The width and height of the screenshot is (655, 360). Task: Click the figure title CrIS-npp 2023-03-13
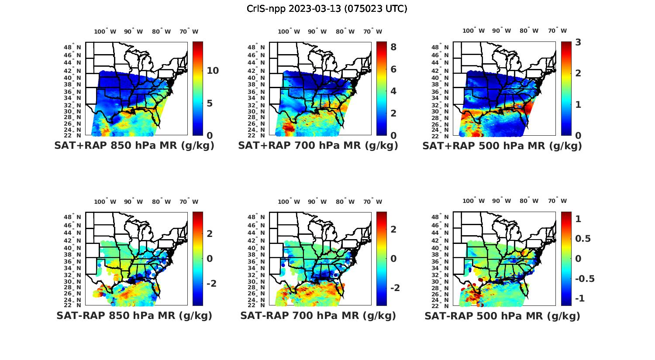coord(327,9)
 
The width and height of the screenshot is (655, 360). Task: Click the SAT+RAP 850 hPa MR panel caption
coord(134,146)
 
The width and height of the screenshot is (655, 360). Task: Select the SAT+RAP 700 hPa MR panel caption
coord(318,146)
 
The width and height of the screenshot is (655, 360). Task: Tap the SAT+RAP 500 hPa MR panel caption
coord(502,146)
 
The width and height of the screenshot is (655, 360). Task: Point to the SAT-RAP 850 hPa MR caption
coord(134,315)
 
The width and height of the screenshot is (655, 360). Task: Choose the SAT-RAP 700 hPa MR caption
coord(318,315)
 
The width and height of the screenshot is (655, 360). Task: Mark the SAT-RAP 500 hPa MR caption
coord(502,316)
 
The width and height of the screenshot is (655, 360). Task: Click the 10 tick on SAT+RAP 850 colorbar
coord(213,71)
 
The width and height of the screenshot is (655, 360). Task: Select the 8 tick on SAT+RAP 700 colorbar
coord(393,47)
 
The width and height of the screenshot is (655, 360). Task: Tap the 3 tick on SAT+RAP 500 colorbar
coord(578,42)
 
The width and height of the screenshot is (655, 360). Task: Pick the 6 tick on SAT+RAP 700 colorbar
coord(393,69)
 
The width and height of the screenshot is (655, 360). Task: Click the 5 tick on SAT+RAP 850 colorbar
coord(210,103)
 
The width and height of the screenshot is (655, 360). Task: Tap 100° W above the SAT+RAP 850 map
coord(105,31)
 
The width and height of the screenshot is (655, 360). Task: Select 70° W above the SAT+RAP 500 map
coord(557,31)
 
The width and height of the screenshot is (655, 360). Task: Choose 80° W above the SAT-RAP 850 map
coord(161,202)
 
